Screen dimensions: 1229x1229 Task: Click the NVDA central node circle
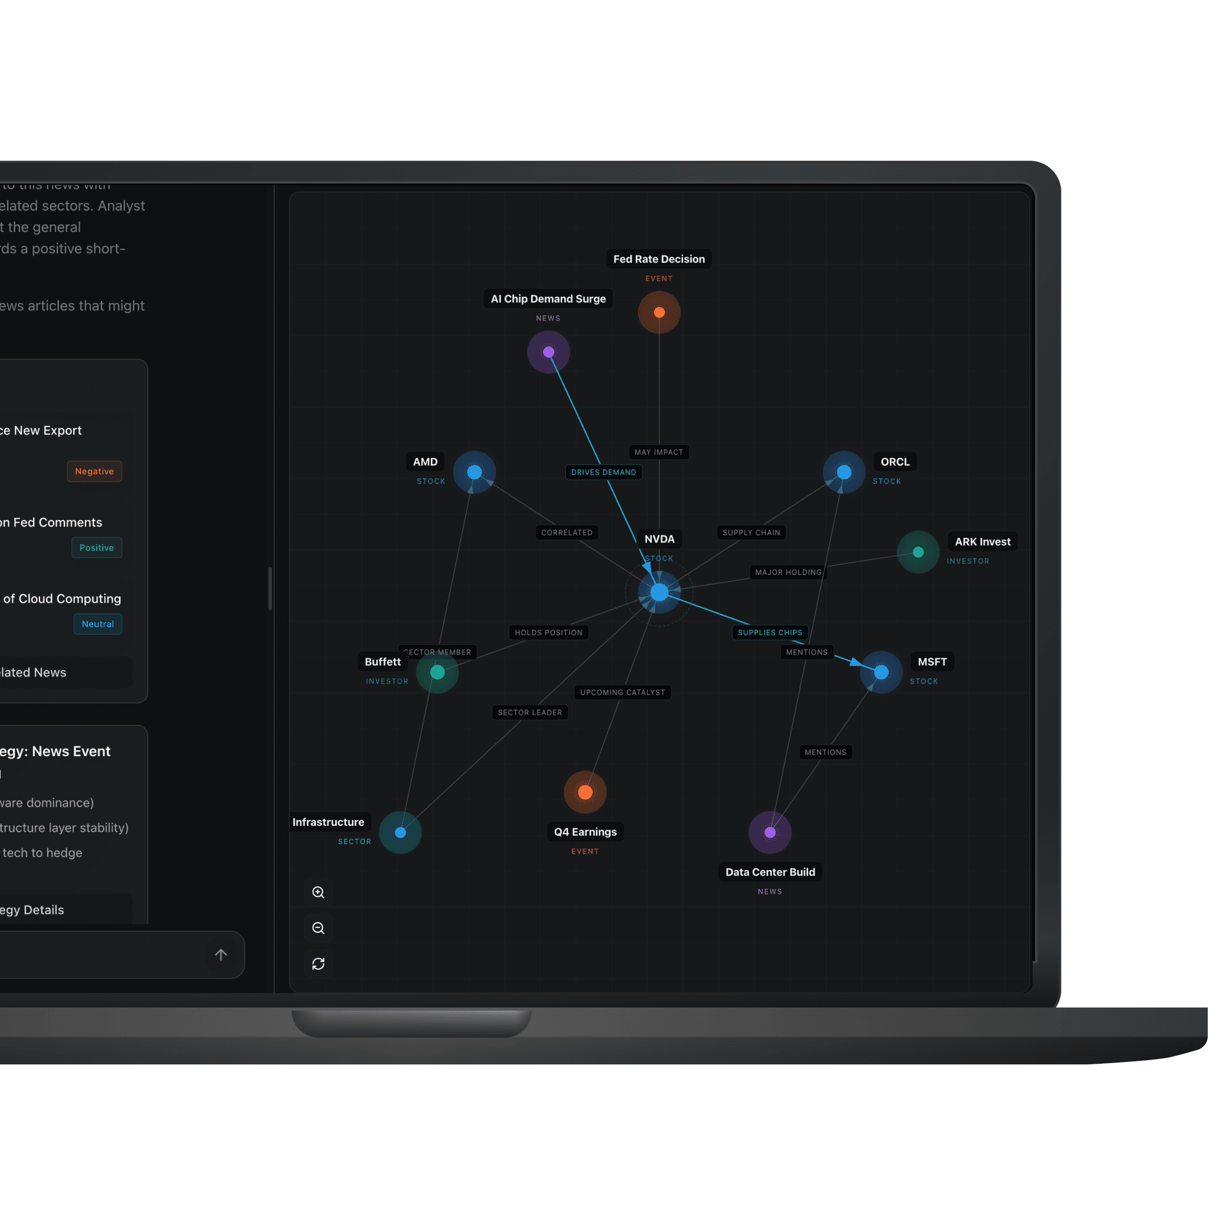[659, 592]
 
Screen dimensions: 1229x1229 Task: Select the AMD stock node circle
[475, 472]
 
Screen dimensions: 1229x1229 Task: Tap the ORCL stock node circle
[844, 472]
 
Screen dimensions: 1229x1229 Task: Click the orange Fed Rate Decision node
[659, 312]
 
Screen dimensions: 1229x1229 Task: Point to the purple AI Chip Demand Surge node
[548, 352]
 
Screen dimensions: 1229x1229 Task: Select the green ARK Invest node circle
[918, 552]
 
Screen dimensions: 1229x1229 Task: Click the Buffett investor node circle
[437, 672]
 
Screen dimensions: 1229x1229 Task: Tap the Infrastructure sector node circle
[400, 832]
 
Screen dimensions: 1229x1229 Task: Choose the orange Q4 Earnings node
[585, 792]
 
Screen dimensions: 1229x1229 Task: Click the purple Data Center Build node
[770, 832]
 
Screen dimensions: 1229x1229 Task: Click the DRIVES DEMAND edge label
[603, 472]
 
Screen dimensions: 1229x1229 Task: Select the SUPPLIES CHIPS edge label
[770, 632]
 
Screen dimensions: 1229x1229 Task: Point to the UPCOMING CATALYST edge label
[622, 692]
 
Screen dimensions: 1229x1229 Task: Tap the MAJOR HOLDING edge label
[788, 573]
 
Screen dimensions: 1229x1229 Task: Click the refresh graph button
[318, 964]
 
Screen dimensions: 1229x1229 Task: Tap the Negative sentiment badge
[94, 472]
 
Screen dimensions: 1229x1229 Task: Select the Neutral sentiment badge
[97, 624]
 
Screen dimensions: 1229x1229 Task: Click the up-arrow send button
[221, 955]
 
